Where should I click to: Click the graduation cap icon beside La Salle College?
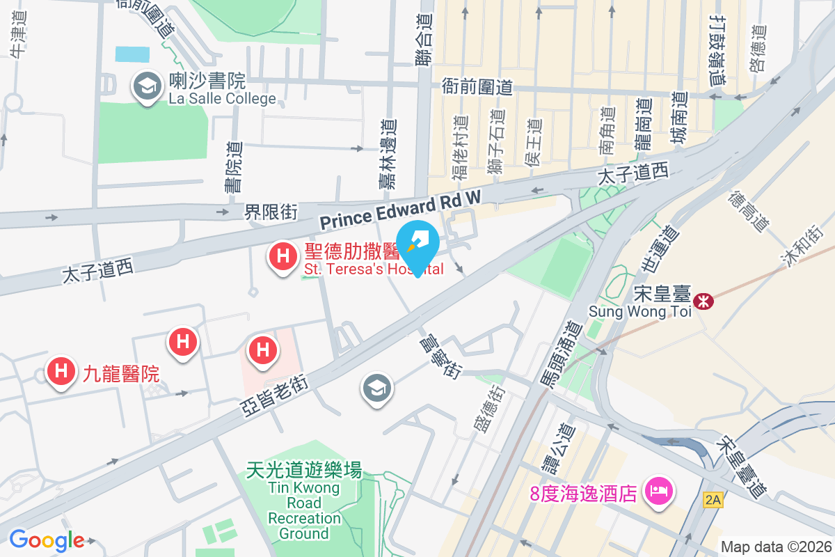[147, 87]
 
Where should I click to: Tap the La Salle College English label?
[222, 98]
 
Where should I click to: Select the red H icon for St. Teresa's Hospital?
[283, 256]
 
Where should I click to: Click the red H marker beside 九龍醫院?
[61, 370]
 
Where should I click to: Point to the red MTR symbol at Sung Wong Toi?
[705, 301]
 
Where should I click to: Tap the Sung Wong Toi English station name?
[640, 311]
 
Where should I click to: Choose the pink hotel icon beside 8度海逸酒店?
[658, 492]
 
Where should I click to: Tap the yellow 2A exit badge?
[713, 499]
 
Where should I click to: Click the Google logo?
[47, 540]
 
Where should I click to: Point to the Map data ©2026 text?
[776, 547]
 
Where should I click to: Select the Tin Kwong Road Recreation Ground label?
[304, 502]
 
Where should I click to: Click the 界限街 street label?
[271, 212]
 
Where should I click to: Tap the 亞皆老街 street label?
[274, 395]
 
